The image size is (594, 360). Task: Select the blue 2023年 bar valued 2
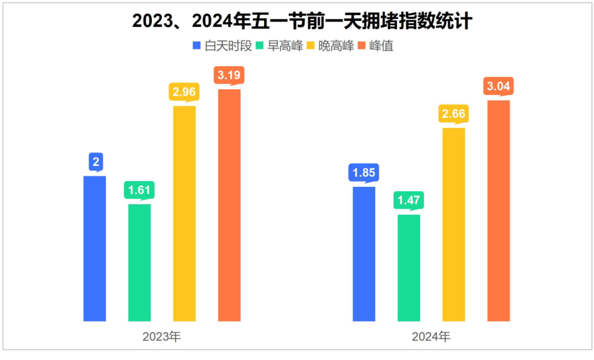tap(95, 248)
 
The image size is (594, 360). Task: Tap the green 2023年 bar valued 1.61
tap(139, 263)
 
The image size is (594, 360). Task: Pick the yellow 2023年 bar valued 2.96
tap(184, 214)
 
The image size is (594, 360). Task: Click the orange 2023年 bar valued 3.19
tap(229, 205)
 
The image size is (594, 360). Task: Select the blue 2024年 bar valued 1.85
tap(364, 254)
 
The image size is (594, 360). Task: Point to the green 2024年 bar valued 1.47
tap(409, 268)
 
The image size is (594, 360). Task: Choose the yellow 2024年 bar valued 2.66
tap(454, 224)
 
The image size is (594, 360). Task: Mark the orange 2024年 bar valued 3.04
tap(499, 210)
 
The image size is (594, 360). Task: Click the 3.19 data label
tap(229, 75)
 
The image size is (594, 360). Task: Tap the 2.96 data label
tap(184, 92)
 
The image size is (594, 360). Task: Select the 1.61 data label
tap(139, 190)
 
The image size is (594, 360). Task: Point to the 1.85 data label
tap(364, 173)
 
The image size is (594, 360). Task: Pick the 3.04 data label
tap(499, 86)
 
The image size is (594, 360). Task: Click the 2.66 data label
tap(454, 114)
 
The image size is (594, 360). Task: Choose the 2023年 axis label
tap(162, 337)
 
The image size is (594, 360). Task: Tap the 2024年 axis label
tap(431, 337)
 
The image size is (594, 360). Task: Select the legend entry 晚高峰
tap(337, 46)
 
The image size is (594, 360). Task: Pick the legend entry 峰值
tap(381, 46)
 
